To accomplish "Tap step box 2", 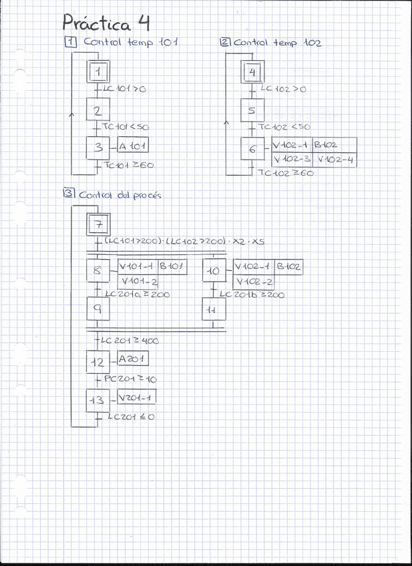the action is (97, 110).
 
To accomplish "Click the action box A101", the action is (134, 146).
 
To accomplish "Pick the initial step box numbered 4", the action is (251, 72).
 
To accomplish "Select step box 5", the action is (251, 111).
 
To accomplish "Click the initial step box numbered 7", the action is (98, 224).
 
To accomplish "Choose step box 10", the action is (214, 272).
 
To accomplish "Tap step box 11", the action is (214, 310).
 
